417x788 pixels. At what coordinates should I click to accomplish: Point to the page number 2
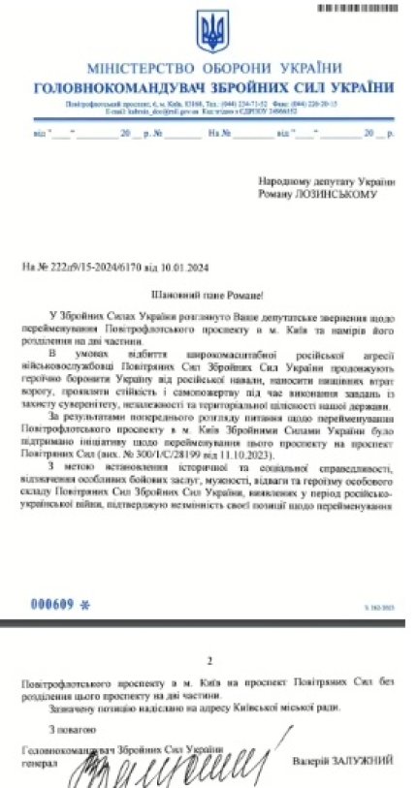click(208, 660)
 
